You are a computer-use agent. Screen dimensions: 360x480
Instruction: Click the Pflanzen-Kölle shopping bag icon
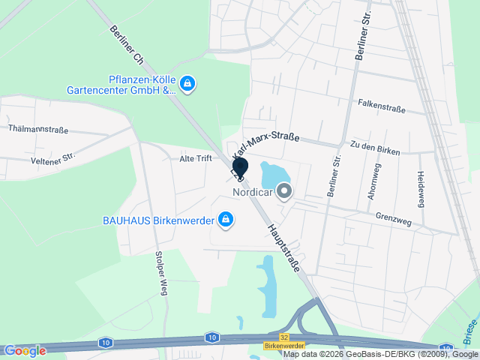188,83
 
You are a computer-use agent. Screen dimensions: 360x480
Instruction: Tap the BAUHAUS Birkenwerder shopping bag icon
225,220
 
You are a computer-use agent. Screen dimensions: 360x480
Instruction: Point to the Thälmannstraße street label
38,129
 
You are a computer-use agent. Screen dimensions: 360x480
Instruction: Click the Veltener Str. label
53,158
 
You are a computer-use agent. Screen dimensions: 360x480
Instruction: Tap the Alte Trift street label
196,158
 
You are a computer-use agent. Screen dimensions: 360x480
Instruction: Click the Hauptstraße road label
282,247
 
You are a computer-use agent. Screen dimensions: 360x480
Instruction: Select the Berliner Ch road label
126,46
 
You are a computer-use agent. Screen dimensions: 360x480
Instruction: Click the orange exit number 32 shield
283,337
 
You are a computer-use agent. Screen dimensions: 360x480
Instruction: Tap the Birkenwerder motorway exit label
283,346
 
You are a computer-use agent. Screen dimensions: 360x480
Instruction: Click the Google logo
24,350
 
